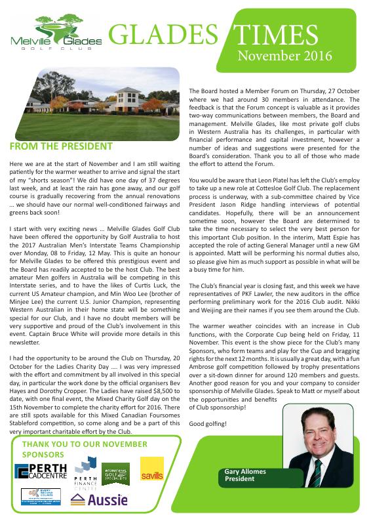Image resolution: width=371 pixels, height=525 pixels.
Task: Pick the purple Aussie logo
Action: (89, 501)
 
